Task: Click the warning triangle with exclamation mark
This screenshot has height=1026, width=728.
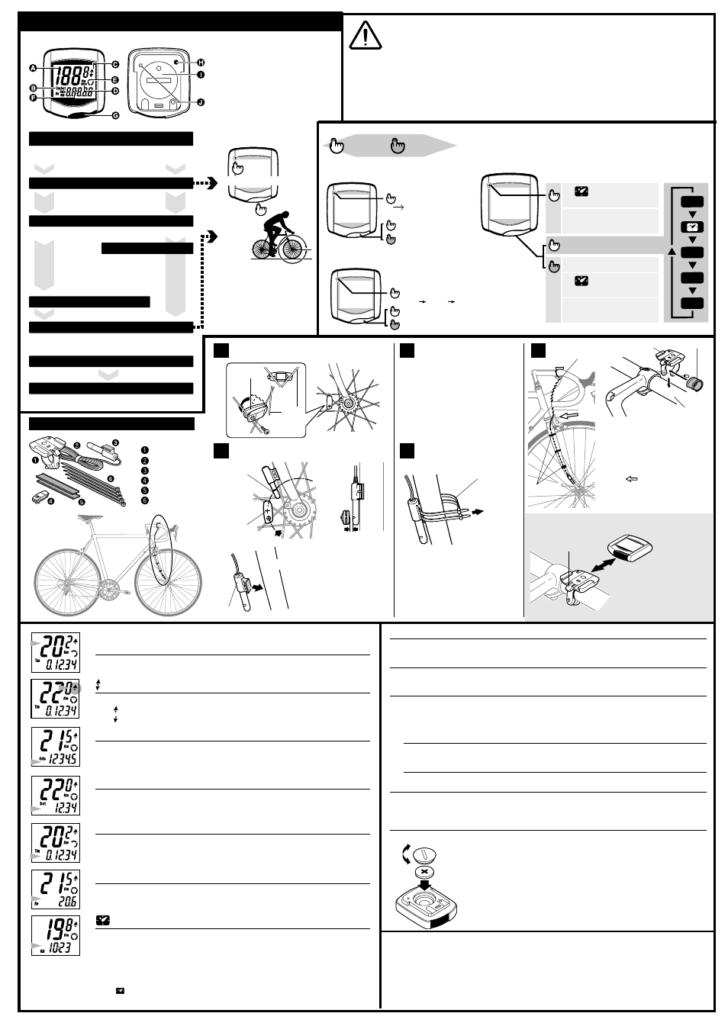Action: pyautogui.click(x=366, y=35)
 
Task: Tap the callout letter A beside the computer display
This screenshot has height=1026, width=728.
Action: pyautogui.click(x=33, y=69)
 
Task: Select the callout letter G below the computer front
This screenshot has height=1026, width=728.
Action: pyautogui.click(x=116, y=116)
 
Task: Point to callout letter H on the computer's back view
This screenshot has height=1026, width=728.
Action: pyautogui.click(x=201, y=62)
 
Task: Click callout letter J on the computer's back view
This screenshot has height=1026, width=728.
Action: pyautogui.click(x=201, y=102)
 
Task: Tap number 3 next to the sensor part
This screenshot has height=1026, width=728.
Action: pyautogui.click(x=116, y=442)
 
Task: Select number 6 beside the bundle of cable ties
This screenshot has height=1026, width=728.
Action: pyautogui.click(x=111, y=478)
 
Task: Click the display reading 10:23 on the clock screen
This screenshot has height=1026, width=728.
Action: pyautogui.click(x=61, y=948)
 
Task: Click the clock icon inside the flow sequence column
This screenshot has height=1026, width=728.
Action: pyautogui.click(x=691, y=227)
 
